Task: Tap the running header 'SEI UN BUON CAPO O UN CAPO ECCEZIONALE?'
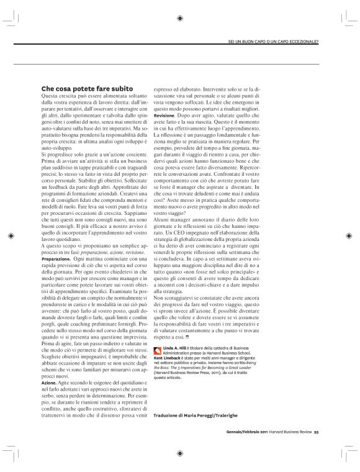273,42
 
